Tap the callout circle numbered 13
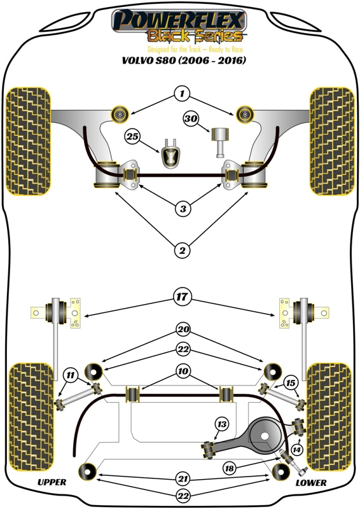tap(221, 424)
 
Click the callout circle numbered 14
tap(295, 449)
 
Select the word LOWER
tap(311, 483)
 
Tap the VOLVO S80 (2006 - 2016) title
tap(180, 61)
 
